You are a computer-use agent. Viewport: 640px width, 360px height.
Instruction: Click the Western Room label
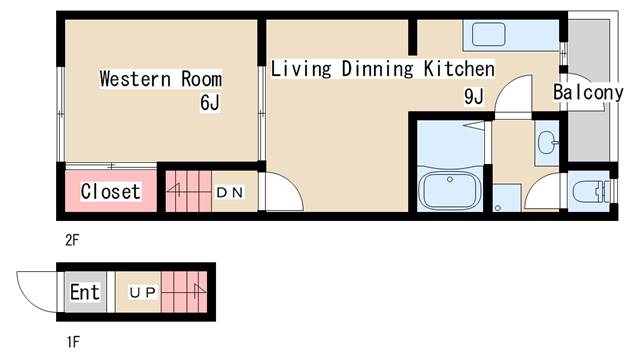click(161, 79)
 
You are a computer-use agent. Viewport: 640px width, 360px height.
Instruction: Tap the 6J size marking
click(210, 102)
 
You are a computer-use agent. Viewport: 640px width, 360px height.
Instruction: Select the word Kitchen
click(459, 69)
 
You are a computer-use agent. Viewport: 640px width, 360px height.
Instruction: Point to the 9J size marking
click(474, 97)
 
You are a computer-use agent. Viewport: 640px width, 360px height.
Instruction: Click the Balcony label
click(588, 92)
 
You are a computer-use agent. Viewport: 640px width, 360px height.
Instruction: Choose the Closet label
click(111, 191)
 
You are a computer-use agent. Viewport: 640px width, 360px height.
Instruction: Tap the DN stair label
click(230, 192)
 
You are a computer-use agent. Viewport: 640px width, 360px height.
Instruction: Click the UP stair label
click(142, 292)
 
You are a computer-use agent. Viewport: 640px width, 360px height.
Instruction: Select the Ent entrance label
click(85, 292)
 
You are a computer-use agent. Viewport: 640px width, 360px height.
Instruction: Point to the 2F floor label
click(72, 240)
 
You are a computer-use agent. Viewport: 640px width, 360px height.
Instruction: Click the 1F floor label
click(73, 342)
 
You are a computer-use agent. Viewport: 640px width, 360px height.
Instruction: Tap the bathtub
click(450, 190)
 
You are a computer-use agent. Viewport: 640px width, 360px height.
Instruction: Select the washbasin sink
click(547, 143)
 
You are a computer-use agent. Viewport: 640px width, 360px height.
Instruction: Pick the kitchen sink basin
click(489, 34)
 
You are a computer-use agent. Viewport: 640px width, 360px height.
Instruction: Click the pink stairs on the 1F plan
click(184, 292)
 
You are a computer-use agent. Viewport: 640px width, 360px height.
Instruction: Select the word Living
click(301, 69)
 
